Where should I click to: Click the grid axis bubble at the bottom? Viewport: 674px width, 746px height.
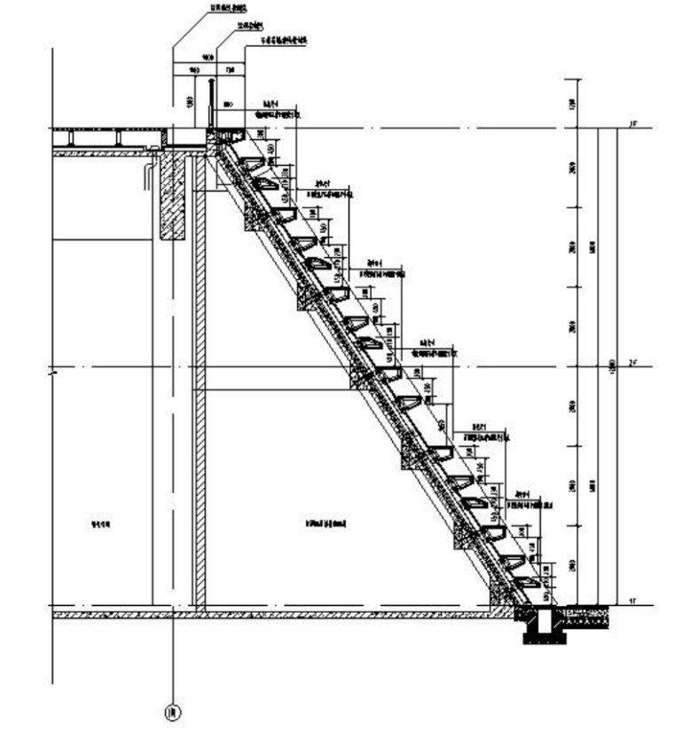coord(173,711)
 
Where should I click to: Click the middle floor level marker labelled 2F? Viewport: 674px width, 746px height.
coord(632,363)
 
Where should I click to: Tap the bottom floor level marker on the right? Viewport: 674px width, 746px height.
coord(632,601)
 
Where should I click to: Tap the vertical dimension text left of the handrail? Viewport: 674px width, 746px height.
coord(190,102)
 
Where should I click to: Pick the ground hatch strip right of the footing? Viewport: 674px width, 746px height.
coord(584,614)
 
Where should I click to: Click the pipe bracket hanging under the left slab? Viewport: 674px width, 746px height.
coord(145,175)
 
